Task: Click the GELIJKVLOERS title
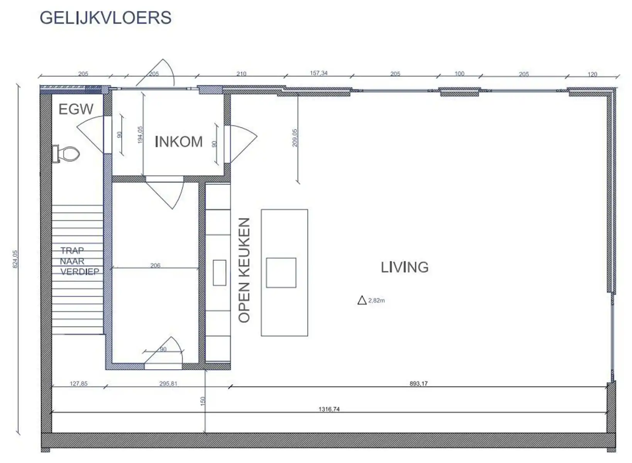coord(105,18)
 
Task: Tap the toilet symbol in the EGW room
coord(66,154)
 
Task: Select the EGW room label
coord(76,109)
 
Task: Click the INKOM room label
coord(178,142)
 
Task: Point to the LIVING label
coord(404,267)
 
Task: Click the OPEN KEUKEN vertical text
coord(244,270)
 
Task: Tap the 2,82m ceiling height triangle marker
coord(362,300)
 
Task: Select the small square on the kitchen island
coord(281,272)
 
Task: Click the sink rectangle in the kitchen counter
coord(219,272)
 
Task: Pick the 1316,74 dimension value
coord(329,409)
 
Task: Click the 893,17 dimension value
coord(419,384)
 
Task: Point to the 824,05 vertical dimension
coord(15,259)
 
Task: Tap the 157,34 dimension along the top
coord(319,73)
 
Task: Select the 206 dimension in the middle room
coord(155,265)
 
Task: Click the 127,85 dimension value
coord(78,384)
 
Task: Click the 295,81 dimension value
coord(168,384)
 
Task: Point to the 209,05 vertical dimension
coord(295,137)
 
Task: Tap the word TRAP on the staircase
coord(72,251)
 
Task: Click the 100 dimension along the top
coord(459,73)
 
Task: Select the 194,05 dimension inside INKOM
coord(140,135)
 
